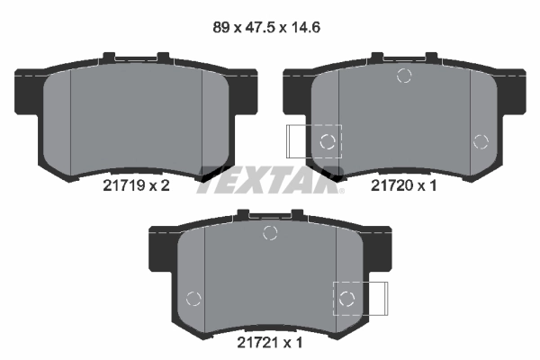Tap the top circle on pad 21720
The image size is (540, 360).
point(404,76)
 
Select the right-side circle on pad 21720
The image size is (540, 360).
point(480,140)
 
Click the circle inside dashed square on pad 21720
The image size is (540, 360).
point(328,140)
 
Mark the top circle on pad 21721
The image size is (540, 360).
point(268,234)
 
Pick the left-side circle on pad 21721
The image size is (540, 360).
point(192,299)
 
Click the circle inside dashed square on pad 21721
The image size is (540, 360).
point(346,298)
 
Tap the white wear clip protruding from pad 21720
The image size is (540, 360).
point(297,140)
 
